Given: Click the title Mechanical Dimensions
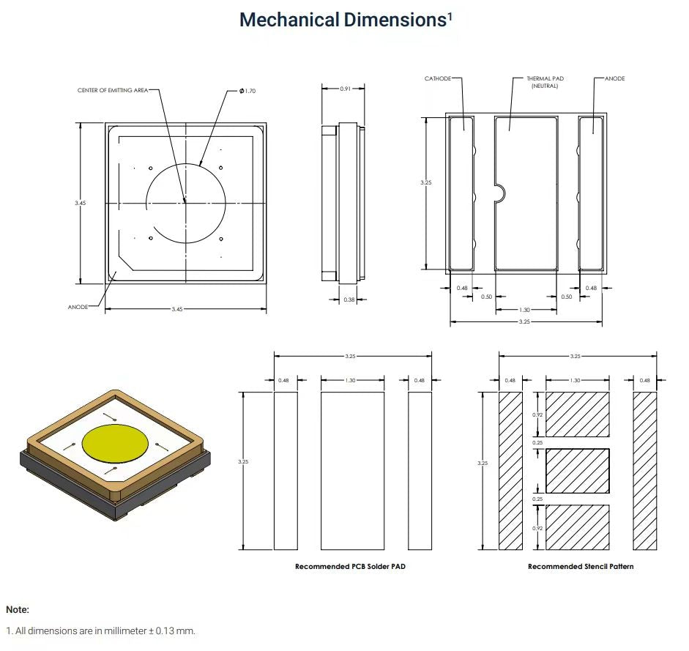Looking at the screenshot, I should (x=342, y=20).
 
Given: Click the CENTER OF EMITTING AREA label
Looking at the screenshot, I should (x=113, y=90).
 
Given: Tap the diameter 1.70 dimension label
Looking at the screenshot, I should (x=247, y=90).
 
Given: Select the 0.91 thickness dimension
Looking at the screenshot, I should (x=345, y=88).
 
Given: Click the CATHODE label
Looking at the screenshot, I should (x=438, y=78).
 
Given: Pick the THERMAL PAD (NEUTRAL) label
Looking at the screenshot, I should (x=545, y=81).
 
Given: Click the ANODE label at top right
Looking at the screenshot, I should (x=615, y=78).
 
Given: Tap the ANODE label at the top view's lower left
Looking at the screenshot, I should (x=78, y=307).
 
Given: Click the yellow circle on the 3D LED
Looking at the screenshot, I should (x=116, y=442).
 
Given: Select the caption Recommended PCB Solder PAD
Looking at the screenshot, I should (x=350, y=567).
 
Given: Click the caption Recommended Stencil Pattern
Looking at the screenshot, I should (x=581, y=567).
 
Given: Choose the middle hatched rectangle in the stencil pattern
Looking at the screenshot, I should (x=578, y=470).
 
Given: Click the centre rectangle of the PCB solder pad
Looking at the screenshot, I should (x=353, y=470).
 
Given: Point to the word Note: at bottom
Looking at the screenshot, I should (x=18, y=609).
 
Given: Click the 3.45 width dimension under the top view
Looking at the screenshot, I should (x=177, y=310).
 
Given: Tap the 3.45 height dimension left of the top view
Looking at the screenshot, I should (x=81, y=203).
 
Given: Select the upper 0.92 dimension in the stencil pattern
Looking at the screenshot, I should (x=536, y=414).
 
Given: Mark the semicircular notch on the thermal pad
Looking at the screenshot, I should (x=500, y=193).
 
